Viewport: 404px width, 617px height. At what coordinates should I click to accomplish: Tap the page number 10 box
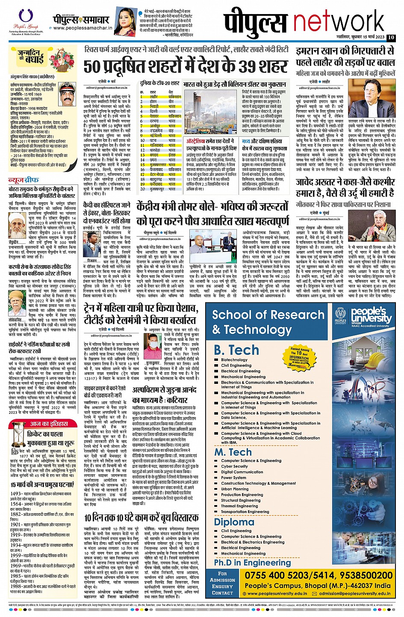(391, 37)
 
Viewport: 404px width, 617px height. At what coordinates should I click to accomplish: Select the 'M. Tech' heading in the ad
(233, 452)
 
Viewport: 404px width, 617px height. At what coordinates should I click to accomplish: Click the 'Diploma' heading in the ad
(234, 522)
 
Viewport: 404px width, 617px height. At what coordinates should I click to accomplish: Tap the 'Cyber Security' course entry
(234, 466)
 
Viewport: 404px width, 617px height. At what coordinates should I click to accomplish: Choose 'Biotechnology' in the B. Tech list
(234, 360)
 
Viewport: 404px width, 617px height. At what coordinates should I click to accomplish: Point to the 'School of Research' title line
(268, 315)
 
